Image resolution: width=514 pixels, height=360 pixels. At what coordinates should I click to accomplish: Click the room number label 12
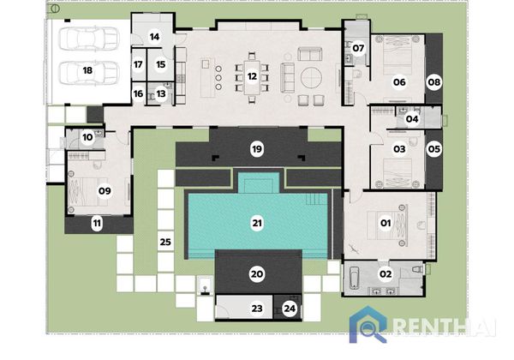[x=252, y=76]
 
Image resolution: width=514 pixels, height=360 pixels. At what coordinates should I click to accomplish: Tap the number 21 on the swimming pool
[x=257, y=223]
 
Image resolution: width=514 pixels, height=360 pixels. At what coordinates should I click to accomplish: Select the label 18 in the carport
[x=87, y=70]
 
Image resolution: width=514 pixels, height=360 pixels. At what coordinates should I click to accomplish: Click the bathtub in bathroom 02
[x=354, y=278]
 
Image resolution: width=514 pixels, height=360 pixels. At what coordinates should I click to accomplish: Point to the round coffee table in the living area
[x=311, y=78]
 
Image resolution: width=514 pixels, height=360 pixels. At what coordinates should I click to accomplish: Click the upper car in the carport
[x=89, y=39]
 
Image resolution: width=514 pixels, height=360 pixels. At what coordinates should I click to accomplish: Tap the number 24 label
[x=290, y=309]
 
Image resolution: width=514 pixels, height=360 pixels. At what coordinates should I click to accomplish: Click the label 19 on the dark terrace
[x=257, y=149]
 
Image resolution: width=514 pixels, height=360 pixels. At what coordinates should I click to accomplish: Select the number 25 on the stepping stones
[x=165, y=242]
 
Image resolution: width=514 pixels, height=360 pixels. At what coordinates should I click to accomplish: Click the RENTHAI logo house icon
[x=368, y=325]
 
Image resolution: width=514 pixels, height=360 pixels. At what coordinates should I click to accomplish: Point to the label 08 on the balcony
[x=434, y=82]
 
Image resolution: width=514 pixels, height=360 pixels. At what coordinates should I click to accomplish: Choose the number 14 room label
[x=154, y=37]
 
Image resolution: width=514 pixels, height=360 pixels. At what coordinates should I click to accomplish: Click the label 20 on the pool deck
[x=257, y=273]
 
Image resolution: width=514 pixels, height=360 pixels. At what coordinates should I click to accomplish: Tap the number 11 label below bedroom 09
[x=97, y=223]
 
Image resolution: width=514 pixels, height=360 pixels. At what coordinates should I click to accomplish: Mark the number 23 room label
[x=257, y=309]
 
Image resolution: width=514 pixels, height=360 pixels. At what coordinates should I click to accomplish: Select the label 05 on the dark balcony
[x=434, y=149]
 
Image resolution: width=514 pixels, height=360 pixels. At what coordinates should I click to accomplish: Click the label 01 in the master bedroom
[x=385, y=223]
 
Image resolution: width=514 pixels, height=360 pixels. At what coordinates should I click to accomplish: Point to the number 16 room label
[x=138, y=93]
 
